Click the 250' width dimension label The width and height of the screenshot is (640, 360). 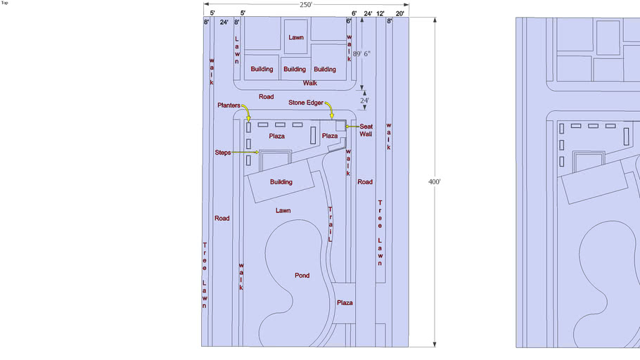(306, 4)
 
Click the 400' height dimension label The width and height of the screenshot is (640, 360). (435, 181)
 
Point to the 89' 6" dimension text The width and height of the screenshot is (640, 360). (361, 54)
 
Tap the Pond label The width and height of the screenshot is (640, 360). (302, 276)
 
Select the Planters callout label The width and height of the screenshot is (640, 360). (229, 105)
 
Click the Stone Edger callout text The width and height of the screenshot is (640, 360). (306, 103)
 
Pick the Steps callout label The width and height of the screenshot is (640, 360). (223, 153)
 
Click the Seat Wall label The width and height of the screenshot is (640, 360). (366, 130)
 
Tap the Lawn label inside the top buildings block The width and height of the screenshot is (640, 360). (296, 37)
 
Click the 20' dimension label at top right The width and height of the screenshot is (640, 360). (400, 13)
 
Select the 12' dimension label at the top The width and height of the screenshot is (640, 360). (380, 13)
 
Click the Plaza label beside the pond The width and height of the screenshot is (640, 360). (345, 303)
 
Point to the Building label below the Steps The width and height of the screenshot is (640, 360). (281, 182)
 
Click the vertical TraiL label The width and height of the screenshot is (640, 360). (331, 224)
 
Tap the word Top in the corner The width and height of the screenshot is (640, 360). (4, 3)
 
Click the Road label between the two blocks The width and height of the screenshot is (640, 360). (266, 97)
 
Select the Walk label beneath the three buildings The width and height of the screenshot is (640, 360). (309, 83)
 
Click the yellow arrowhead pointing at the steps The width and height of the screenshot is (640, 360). (257, 153)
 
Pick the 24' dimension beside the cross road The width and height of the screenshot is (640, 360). (364, 101)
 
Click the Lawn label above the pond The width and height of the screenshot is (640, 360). (283, 211)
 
